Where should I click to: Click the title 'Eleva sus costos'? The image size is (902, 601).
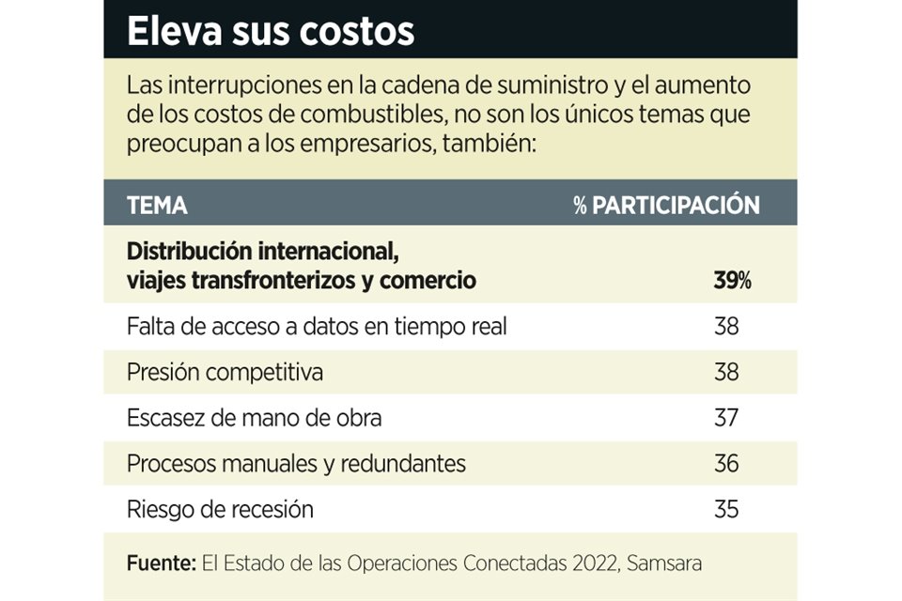point(271,31)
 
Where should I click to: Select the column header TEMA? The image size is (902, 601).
point(157,206)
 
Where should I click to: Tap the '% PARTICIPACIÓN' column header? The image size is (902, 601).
point(666,206)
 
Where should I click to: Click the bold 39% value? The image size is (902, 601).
point(732,281)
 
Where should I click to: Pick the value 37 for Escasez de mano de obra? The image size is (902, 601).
point(726,418)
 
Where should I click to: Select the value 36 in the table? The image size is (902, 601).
point(726,464)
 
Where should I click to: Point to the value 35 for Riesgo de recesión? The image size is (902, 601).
point(726,510)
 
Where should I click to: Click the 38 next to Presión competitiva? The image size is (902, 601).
point(726,372)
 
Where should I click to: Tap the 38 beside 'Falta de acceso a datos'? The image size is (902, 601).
point(726,327)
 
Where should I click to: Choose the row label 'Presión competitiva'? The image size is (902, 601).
point(225,372)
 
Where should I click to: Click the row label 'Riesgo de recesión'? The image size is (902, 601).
point(220,510)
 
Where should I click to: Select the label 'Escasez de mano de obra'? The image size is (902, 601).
point(254,418)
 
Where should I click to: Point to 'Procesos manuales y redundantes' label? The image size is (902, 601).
point(296,464)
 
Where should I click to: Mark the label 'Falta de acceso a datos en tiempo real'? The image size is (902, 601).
point(317,327)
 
